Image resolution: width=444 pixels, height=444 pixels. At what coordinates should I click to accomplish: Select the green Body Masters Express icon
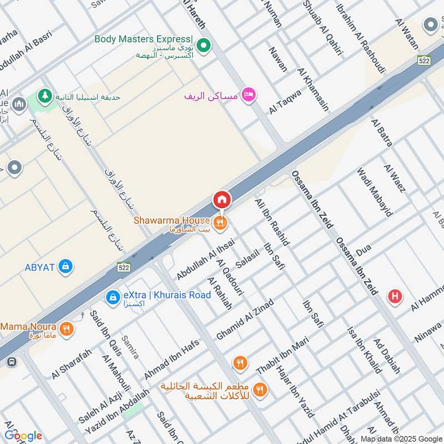pos(204,45)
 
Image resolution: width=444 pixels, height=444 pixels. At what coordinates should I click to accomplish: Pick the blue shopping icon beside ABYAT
pos(66,267)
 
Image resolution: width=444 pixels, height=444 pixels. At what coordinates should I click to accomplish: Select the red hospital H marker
pos(395,296)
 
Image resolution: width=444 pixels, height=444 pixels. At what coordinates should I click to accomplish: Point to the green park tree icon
pos(43,96)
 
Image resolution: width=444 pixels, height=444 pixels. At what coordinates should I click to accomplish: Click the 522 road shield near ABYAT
pos(124,268)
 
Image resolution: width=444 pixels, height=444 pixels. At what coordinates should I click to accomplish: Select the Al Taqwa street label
pos(285,102)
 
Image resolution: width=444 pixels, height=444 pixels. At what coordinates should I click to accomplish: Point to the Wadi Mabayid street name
pos(375,192)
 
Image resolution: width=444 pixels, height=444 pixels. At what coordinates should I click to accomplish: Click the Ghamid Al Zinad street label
pos(245,320)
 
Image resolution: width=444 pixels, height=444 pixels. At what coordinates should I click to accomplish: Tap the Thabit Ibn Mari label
pos(282,356)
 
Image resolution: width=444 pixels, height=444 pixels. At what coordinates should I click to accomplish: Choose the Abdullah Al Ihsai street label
pos(205,259)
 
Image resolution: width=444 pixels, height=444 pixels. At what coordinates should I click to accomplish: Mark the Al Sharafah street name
pos(72,364)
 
